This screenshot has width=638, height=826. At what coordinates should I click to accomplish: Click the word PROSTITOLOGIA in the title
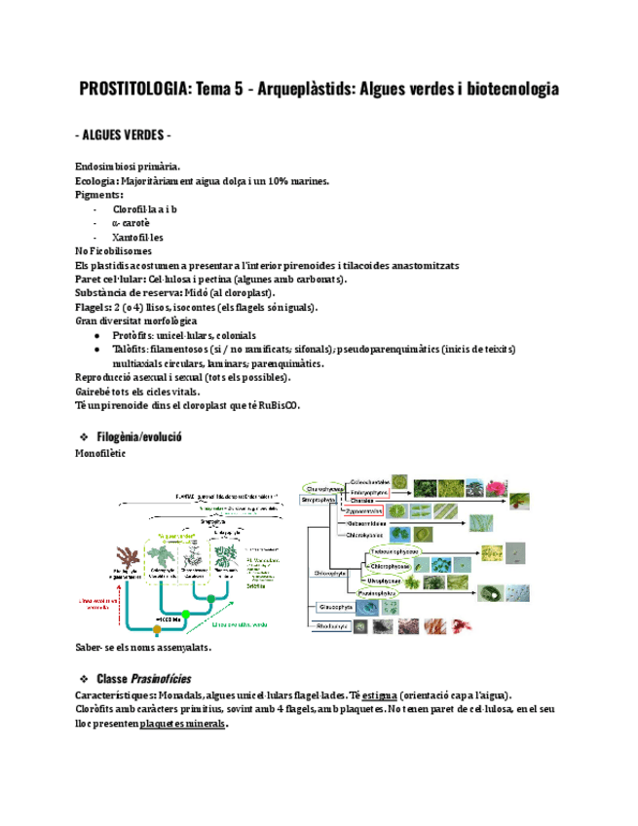point(134,90)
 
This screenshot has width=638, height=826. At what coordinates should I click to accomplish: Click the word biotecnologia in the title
point(513,90)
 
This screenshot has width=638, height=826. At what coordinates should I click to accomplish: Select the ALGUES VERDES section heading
point(126,133)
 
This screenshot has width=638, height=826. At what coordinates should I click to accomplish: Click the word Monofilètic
point(100,453)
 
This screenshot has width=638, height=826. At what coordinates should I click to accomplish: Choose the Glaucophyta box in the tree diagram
point(333,606)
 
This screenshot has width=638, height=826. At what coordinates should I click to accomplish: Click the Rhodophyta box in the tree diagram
point(332,627)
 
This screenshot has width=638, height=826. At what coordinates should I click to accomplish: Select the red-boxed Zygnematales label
point(366,510)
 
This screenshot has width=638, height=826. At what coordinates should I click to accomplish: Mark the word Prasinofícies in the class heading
point(162,678)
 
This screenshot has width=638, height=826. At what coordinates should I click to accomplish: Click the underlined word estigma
point(383,695)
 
